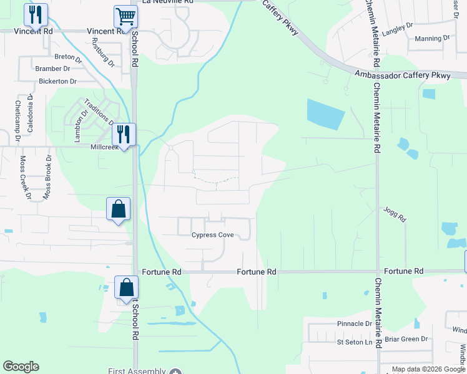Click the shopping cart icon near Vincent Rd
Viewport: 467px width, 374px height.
125,17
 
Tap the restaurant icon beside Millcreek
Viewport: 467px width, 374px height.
123,134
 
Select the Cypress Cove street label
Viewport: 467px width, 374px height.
212,235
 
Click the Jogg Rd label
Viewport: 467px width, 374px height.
395,215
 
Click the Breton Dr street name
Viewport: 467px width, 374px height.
69,57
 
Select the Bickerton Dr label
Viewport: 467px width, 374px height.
57,81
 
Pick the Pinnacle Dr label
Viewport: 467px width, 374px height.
354,324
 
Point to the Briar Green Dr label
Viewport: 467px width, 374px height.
406,339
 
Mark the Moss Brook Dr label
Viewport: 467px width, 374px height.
46,178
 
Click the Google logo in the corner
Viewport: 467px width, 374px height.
21,367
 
